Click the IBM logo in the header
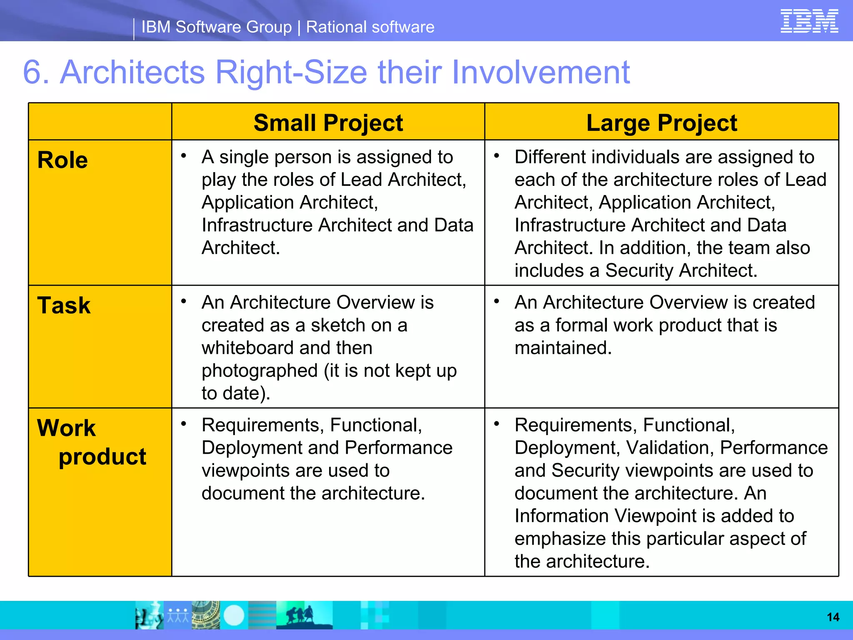(809, 21)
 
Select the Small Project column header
(328, 123)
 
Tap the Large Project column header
(661, 123)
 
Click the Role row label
(62, 160)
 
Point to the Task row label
(64, 305)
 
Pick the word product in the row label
(102, 457)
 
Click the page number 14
(833, 617)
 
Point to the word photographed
(259, 371)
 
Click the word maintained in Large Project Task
(563, 348)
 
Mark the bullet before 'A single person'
(183, 156)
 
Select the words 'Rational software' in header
(370, 27)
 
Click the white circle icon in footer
(234, 615)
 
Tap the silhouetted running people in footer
(300, 615)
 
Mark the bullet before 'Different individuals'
(496, 156)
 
